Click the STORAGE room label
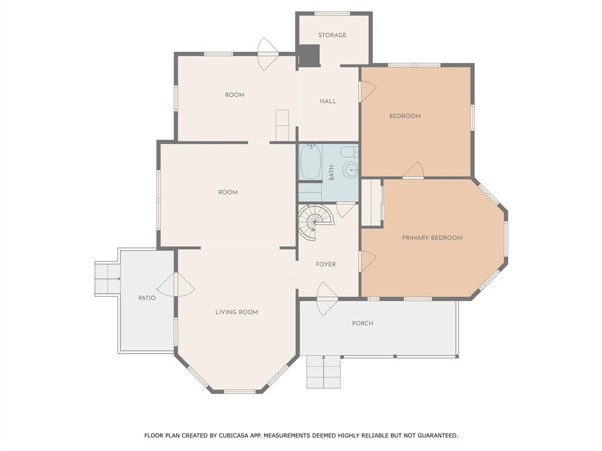coord(332,35)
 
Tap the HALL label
coord(328,101)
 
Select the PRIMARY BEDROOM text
coord(432,238)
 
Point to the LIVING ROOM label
coord(236,312)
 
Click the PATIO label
coord(147,298)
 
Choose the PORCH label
coord(362,323)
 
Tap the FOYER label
coord(326,264)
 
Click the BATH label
coord(332,172)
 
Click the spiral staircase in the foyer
coord(316,220)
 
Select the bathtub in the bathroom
coord(310,163)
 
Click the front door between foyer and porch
coord(327,294)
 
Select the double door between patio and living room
coord(176,285)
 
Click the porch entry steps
coord(323,372)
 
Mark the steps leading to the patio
coord(107,278)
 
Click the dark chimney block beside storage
coord(309,56)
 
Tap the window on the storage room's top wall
coord(332,14)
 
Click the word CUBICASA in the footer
coord(232,436)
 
